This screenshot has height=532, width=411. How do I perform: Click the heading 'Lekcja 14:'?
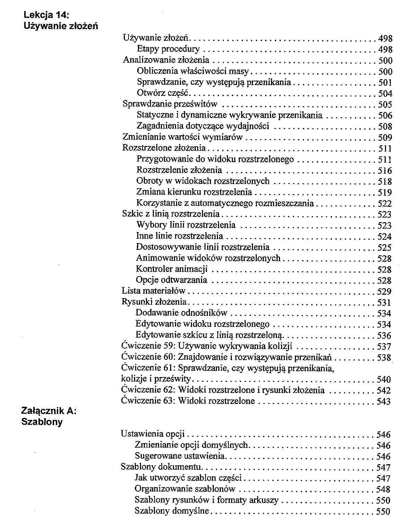pos(46,15)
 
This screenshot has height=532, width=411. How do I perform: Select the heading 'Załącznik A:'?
pos(49,411)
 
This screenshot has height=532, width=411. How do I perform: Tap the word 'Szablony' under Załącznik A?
pos(42,422)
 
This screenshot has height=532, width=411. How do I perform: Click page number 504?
pos(385,94)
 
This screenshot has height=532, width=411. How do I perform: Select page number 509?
pos(385,138)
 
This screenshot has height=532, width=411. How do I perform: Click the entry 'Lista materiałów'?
pos(154,291)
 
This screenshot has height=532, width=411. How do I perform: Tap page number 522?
pos(385,204)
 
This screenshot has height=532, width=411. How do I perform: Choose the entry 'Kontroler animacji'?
pos(172,269)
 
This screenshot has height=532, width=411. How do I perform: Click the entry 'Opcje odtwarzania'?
pos(172,280)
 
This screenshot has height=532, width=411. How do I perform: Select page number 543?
pos(384,402)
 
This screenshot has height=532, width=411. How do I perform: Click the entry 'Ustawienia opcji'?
pos(153,434)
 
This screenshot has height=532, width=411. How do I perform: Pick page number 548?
pos(383,489)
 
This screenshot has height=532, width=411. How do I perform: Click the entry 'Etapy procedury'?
pos(168,49)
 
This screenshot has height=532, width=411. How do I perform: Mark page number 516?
pos(385,171)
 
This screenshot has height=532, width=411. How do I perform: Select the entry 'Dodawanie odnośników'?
pos(181,313)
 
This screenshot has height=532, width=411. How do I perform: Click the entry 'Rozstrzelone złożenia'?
pos(164,148)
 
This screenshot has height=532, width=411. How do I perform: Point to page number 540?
pos(384,379)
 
